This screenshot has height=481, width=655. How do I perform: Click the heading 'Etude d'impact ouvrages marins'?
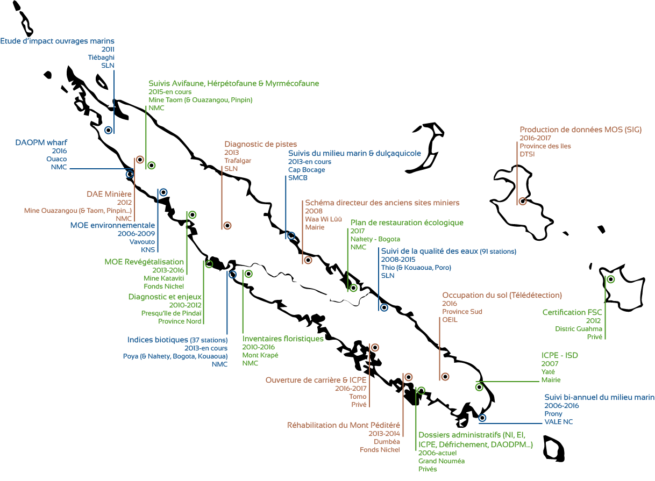[58, 41]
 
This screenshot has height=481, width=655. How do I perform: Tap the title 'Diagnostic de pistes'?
[260, 144]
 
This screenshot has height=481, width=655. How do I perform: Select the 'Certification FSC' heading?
[572, 312]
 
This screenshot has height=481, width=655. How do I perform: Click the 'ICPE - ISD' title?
[559, 356]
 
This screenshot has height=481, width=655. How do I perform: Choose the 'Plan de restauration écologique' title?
[407, 222]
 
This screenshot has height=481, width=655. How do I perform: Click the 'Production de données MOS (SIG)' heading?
[580, 130]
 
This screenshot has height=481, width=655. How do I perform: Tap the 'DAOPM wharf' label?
[41, 142]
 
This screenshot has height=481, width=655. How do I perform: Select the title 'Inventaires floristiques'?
[283, 339]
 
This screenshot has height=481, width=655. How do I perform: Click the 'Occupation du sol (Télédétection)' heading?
[502, 295]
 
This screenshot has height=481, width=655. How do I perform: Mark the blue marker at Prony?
[482, 418]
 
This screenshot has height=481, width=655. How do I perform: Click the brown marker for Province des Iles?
[522, 202]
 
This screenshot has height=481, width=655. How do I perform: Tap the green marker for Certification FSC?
[611, 279]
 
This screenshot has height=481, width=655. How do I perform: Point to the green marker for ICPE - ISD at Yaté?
[479, 387]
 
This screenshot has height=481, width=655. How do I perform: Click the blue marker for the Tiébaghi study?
[109, 130]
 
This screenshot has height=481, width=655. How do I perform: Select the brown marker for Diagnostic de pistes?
[227, 225]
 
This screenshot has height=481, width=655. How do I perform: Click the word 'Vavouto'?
[143, 242]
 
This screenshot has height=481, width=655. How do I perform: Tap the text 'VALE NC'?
[558, 422]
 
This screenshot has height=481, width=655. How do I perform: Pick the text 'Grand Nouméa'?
[442, 461]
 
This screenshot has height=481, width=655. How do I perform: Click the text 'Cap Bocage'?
[307, 170]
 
